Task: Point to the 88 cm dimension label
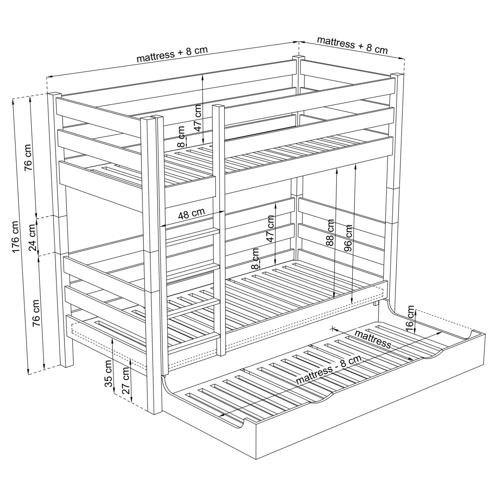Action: (x=330, y=233)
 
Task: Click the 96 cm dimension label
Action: (x=348, y=238)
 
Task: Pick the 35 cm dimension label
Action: (x=108, y=373)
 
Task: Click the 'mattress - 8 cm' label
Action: (x=329, y=370)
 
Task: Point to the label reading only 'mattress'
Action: (x=373, y=339)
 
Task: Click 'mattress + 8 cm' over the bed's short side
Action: (x=352, y=45)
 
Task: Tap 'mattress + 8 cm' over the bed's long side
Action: (x=172, y=54)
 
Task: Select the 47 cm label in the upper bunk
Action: (x=198, y=118)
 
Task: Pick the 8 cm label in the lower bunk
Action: (x=255, y=259)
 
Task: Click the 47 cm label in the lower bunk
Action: (x=270, y=228)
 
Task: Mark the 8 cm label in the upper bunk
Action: (x=181, y=137)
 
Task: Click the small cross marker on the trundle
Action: (x=333, y=329)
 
